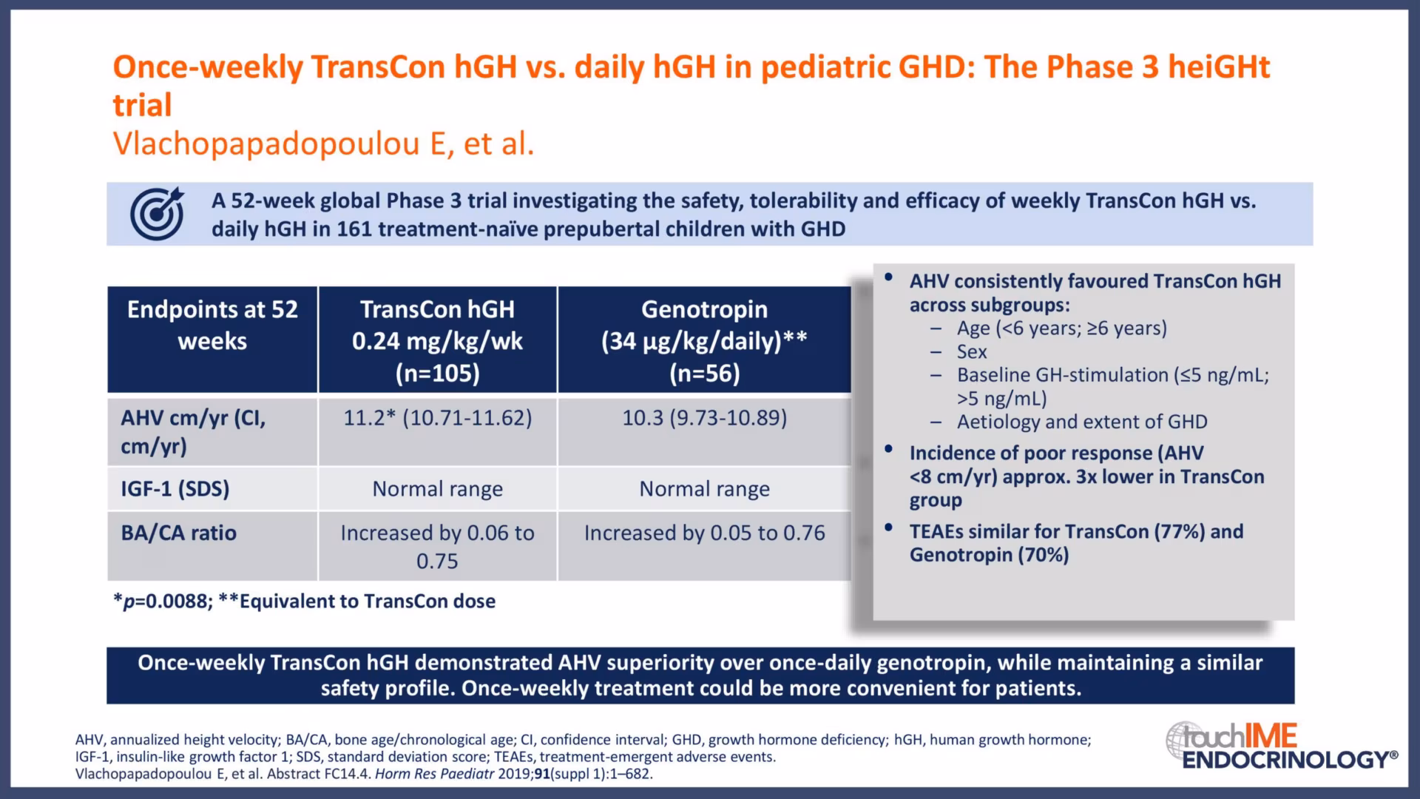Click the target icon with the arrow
point(157,214)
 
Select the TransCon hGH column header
point(437,340)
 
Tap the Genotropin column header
point(704,340)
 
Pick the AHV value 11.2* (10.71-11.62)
point(437,418)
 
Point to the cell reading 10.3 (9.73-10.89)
point(704,418)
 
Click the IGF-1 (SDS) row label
point(175,489)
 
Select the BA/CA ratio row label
point(179,533)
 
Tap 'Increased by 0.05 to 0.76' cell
point(704,533)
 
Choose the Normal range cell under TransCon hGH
point(437,489)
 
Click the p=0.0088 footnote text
point(163,601)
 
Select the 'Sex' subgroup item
point(972,351)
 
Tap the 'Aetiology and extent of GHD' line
point(1082,422)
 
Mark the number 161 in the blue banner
point(354,229)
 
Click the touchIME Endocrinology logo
point(1282,746)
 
